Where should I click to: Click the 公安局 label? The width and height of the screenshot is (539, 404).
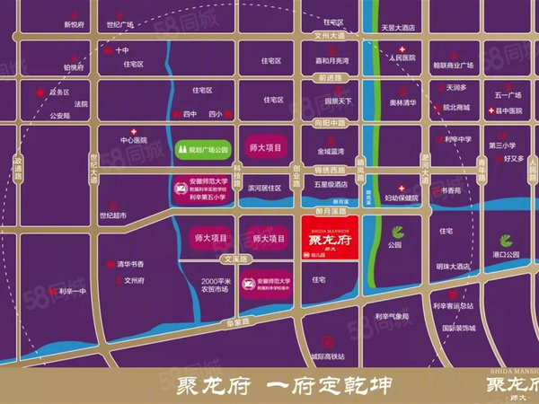pyautogui.click(x=60, y=116)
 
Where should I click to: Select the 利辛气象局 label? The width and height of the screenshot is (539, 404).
pyautogui.click(x=392, y=316)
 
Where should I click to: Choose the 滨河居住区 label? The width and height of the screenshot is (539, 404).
pyautogui.click(x=264, y=189)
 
